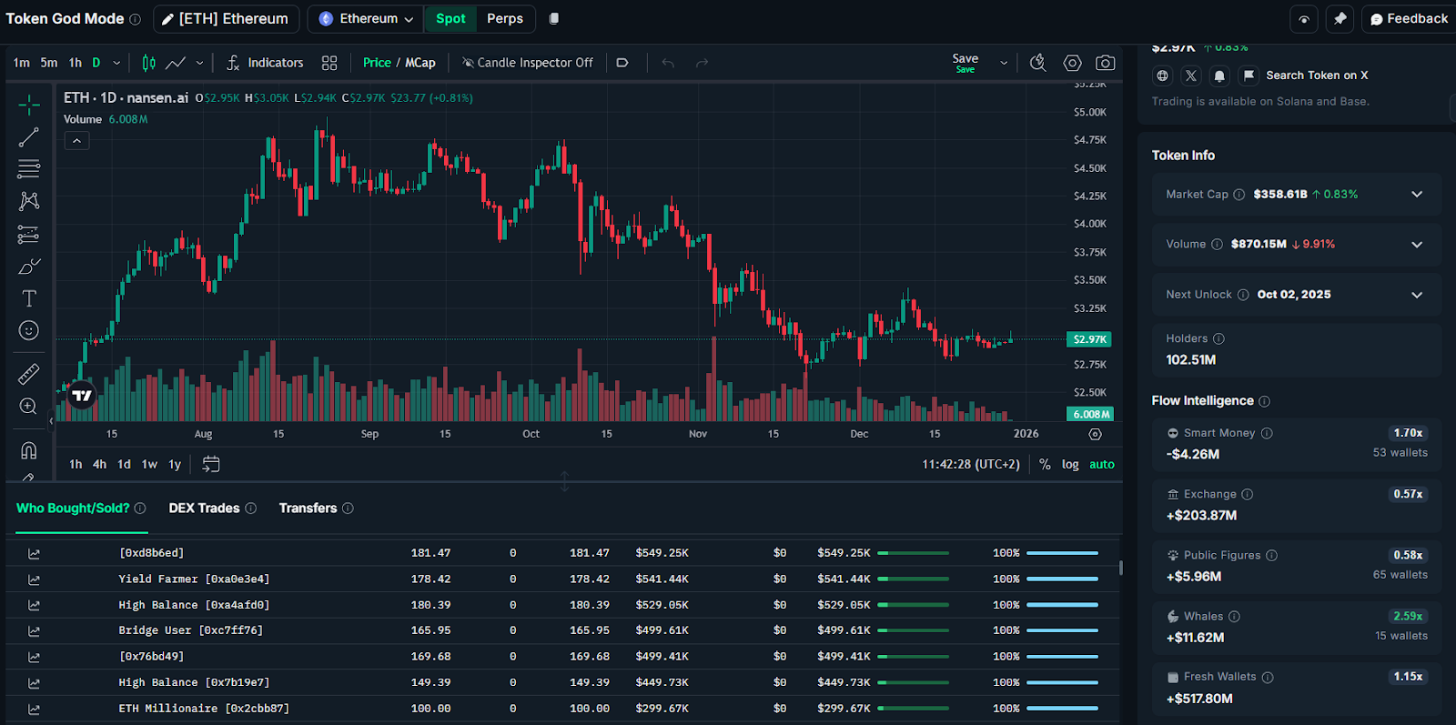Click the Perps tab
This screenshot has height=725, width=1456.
tap(504, 18)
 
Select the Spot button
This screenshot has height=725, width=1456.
tap(450, 18)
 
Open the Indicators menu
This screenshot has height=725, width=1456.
tap(265, 63)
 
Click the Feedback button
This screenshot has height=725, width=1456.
tap(1409, 18)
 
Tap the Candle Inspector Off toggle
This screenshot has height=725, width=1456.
tap(528, 63)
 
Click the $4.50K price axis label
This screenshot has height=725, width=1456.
tap(1089, 168)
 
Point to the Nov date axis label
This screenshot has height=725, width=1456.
tap(698, 434)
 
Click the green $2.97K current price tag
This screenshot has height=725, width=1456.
tap(1089, 339)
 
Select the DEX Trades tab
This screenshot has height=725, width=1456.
tap(204, 509)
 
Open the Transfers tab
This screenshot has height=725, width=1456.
tap(308, 509)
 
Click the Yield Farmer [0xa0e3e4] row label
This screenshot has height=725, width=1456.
tap(194, 579)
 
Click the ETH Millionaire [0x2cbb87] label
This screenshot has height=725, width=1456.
tap(204, 709)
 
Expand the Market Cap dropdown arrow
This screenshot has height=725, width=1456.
tap(1417, 194)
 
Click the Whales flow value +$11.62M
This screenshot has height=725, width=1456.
tap(1195, 638)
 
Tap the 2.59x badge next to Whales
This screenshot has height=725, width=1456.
tap(1407, 616)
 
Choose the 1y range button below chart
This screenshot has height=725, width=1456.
tap(175, 465)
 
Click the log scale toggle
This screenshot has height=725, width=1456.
tap(1070, 465)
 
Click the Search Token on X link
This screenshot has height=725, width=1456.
tap(1316, 76)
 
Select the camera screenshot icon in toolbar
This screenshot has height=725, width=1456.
tap(1105, 63)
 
